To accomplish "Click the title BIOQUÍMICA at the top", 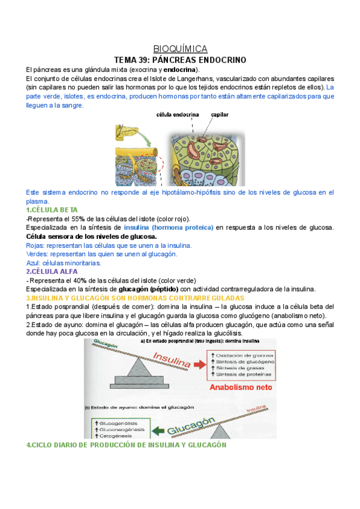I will tap(180, 49).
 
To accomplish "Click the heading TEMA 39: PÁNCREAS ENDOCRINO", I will tap(180, 60).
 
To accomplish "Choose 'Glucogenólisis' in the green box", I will tap(114, 423).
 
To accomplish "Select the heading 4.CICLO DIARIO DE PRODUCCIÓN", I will tap(126, 445).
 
